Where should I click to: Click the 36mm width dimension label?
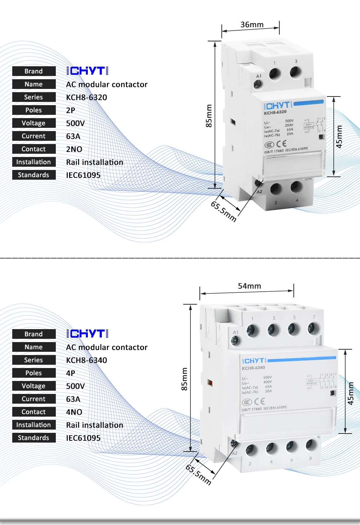(x=252, y=24)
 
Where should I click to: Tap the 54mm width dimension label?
(x=249, y=286)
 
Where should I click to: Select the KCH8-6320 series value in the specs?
(x=86, y=97)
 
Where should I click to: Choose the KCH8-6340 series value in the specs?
(x=86, y=360)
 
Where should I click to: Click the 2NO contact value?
(x=74, y=149)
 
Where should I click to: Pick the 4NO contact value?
(x=74, y=412)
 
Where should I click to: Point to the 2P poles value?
(x=71, y=110)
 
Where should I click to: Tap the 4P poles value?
(x=71, y=373)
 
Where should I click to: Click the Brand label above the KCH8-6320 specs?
(x=34, y=71)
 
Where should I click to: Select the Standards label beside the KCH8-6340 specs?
(x=34, y=438)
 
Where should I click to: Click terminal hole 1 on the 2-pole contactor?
(x=275, y=75)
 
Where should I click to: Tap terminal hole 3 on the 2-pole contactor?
(x=296, y=72)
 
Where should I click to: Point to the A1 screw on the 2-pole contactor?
(x=258, y=85)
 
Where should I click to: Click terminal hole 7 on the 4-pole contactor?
(x=313, y=328)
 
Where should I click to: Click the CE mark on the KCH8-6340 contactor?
(x=260, y=401)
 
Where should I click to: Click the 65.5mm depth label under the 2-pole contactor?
(x=224, y=211)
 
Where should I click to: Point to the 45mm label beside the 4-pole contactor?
(x=351, y=393)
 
